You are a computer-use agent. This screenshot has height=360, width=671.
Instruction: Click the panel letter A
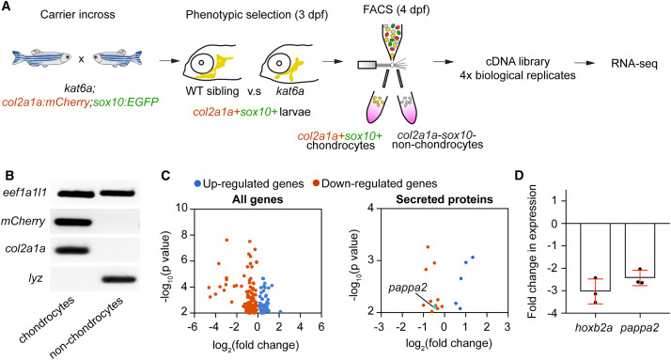click(6, 8)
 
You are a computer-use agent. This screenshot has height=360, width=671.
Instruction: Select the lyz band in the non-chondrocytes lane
click(117, 279)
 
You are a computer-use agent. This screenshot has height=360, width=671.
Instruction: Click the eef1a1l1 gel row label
click(23, 193)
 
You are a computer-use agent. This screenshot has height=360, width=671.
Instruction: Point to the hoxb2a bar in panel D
click(595, 258)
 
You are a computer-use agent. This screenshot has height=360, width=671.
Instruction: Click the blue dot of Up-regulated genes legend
click(197, 184)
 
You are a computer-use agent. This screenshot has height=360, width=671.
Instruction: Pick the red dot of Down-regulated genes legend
click(316, 184)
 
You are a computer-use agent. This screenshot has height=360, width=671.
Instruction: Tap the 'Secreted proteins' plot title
click(445, 199)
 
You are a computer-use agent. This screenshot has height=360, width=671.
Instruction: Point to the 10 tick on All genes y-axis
click(182, 208)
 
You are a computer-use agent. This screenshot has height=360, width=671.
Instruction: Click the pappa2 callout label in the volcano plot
click(408, 288)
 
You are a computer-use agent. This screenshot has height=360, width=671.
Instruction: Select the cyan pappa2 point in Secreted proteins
click(434, 307)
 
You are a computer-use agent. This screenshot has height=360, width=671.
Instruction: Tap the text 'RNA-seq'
click(634, 64)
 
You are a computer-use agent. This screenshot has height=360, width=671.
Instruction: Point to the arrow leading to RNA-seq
click(585, 63)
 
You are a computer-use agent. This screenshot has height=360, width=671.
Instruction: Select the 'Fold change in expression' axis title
click(532, 251)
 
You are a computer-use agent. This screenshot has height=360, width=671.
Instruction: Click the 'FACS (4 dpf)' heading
click(397, 9)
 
